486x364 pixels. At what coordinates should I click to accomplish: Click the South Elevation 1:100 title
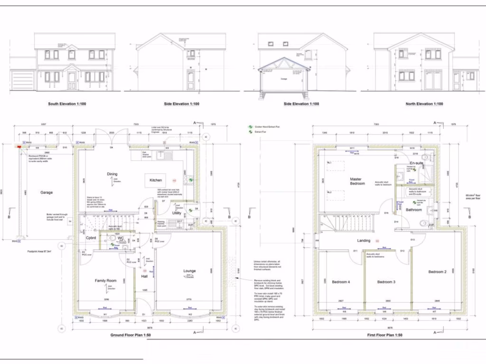point(67,104)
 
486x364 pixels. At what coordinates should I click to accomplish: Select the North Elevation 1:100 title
point(424,104)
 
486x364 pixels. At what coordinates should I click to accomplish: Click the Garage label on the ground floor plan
point(47,192)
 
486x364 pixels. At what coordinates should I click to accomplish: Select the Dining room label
point(112,174)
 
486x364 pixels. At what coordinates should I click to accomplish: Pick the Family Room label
point(105,281)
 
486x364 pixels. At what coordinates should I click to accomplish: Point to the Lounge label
point(189,271)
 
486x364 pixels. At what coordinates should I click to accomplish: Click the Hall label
point(145,276)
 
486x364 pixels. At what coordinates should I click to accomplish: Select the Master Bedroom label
point(356,181)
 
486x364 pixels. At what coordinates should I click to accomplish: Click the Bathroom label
point(413,209)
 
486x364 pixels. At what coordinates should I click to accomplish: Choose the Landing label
point(364,240)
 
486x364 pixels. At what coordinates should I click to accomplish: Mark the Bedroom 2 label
point(437,272)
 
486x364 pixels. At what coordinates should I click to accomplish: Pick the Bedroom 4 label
point(341,282)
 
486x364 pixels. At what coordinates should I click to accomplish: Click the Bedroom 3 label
point(386,282)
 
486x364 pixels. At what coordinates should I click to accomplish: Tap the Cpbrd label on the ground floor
point(91,237)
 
